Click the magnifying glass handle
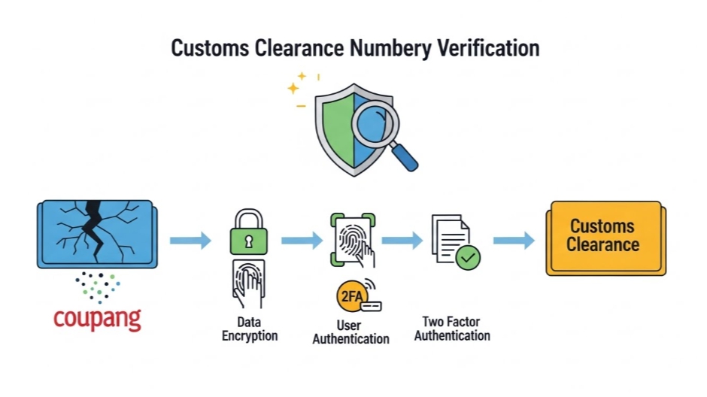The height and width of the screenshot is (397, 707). point(403,156)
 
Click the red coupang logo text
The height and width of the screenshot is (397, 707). point(97,317)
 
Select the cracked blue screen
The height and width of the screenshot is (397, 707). point(96,233)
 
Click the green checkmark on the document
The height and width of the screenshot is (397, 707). point(469,257)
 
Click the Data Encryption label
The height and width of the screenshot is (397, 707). point(250,329)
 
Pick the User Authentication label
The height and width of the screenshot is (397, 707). point(350,332)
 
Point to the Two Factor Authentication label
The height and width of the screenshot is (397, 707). point(452,329)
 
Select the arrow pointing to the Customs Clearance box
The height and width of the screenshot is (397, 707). point(514,241)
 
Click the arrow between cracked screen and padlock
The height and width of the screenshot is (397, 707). point(190,241)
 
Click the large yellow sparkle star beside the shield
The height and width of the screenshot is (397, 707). point(293,89)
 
